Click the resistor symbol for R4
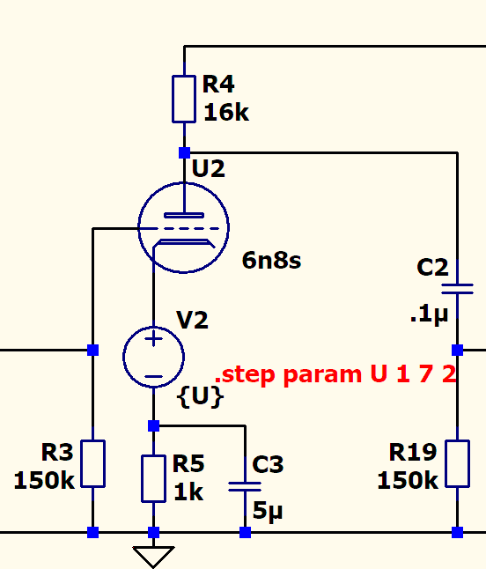point(184,99)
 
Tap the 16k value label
point(226,112)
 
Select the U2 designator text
point(208,168)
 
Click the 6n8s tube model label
point(271,260)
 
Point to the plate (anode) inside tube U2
point(184,216)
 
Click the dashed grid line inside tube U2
point(180,229)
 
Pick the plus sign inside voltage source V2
point(153,339)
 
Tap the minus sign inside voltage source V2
point(153,376)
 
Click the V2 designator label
point(192,320)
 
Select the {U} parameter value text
point(200,396)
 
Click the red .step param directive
point(335,374)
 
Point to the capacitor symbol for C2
point(457,289)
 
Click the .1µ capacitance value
point(429,314)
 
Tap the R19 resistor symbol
point(457,464)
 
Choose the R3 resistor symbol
point(92,464)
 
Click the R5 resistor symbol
point(153,479)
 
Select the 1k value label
point(188,492)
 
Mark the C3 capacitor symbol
point(245,486)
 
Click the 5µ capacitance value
point(268,511)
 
